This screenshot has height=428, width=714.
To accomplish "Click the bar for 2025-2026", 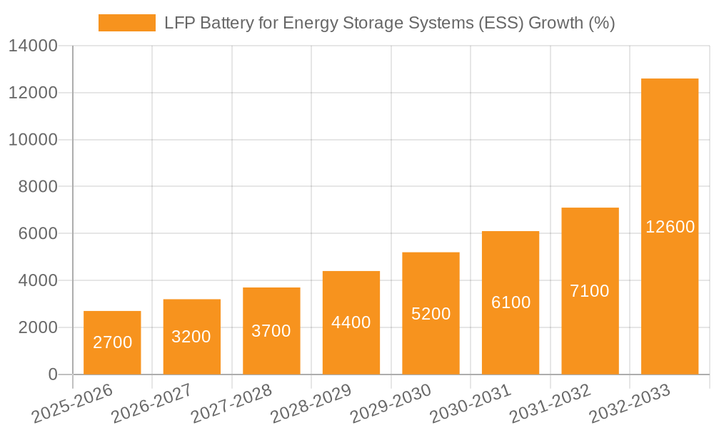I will [112, 342].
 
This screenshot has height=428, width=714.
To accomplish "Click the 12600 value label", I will [670, 227].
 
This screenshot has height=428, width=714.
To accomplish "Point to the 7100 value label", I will [590, 291].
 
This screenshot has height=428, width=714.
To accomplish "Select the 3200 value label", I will [191, 337].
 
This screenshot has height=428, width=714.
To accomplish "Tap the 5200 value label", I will [431, 314].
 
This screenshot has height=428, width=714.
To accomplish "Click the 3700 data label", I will [271, 331].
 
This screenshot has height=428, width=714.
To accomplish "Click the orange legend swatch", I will [126, 23].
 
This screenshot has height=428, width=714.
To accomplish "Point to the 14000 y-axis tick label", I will [33, 46].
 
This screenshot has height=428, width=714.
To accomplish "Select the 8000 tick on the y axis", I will [38, 187].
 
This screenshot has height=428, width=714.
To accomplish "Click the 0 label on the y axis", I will [52, 374].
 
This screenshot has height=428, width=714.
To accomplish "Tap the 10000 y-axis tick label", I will [33, 140].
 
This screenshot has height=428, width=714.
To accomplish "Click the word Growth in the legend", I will [555, 23].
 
